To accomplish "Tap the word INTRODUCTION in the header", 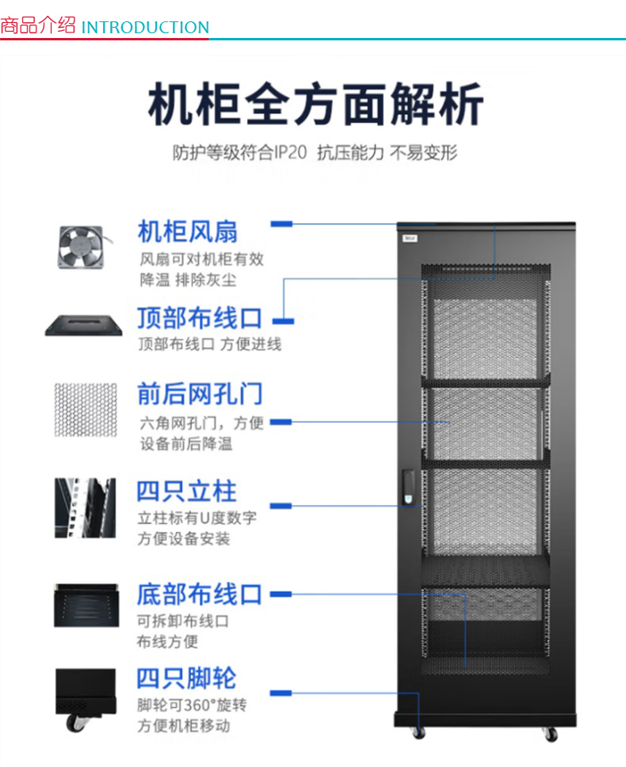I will (x=145, y=27).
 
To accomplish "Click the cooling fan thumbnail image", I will (x=80, y=246).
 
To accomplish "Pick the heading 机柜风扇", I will (x=188, y=232).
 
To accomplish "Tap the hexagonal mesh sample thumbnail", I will (x=85, y=409).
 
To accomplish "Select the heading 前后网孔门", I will (x=200, y=393).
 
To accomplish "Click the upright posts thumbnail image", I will (x=85, y=507).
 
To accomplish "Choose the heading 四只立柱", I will (x=187, y=491).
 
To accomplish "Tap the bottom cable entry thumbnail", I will (x=85, y=606).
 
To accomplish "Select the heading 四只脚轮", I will (x=187, y=678).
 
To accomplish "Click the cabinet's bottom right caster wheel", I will (x=551, y=734).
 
